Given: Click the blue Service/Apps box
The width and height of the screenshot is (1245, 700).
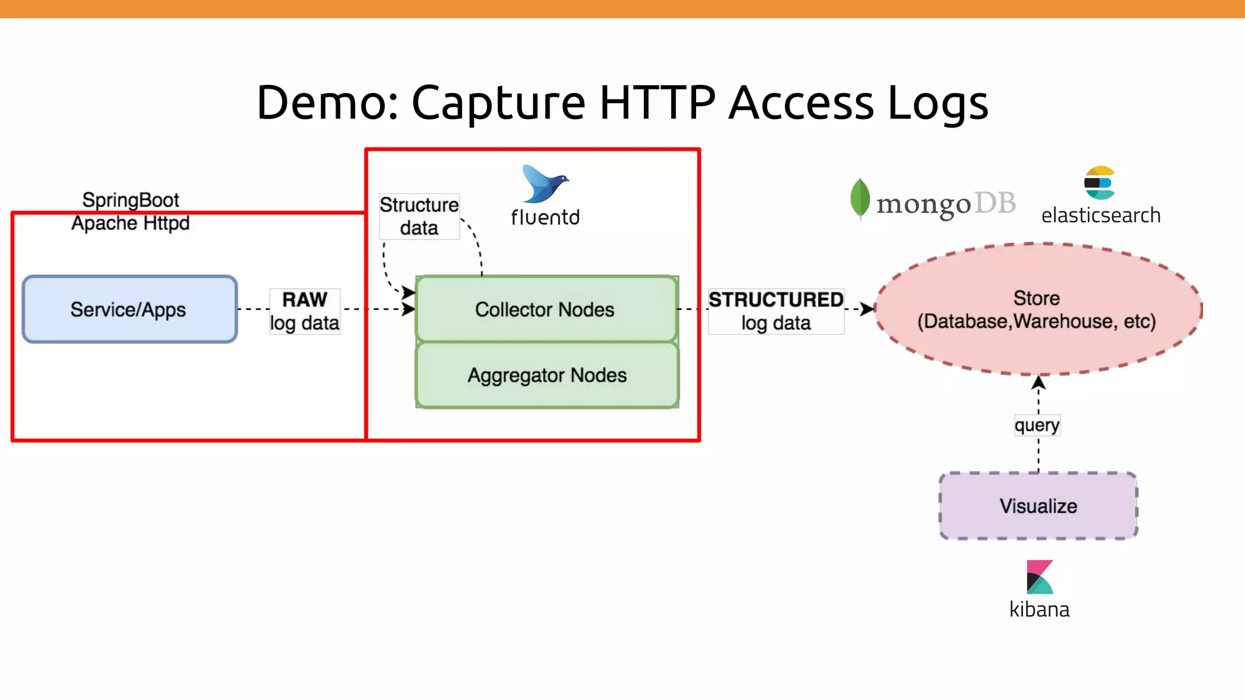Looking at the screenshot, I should point(129,309).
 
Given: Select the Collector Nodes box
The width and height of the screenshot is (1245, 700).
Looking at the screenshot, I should point(546,309).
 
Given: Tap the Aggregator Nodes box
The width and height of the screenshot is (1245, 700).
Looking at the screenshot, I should point(547,375).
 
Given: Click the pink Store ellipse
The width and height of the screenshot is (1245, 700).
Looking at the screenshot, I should point(1038,309).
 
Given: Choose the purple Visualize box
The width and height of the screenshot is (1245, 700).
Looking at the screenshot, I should point(1038,506).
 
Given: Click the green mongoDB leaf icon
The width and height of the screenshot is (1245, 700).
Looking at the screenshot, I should point(860,198).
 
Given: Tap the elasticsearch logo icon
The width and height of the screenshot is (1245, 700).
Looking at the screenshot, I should point(1100,182).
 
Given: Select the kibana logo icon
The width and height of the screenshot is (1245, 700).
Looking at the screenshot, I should point(1039,577).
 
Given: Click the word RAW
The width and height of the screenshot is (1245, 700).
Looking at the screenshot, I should point(305,300).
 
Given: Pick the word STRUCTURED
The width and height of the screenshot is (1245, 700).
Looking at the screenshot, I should point(776,300).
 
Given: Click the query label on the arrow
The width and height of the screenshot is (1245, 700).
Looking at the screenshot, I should point(1037,425).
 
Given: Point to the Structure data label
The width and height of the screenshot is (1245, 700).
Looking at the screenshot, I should point(419,216).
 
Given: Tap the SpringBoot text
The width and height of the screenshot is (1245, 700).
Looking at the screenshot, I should point(131,199).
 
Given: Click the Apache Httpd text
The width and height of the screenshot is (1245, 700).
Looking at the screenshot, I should point(130,223).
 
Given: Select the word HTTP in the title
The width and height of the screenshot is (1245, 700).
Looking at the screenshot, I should point(657,102).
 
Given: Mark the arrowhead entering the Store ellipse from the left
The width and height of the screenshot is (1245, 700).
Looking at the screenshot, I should point(868,309).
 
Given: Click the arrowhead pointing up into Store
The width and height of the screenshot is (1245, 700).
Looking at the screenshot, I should point(1038,382).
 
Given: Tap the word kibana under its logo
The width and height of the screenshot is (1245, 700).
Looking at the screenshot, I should point(1039,609).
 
